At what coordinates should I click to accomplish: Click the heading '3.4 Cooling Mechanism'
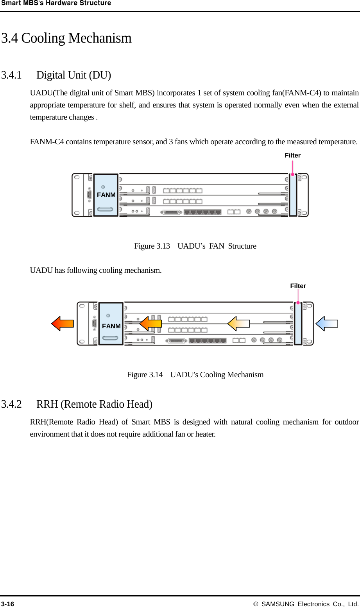click(x=66, y=38)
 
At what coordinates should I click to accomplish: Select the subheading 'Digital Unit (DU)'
click(x=73, y=75)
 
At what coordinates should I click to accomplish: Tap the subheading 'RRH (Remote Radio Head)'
click(x=94, y=404)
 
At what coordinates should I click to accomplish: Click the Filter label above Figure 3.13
click(x=292, y=156)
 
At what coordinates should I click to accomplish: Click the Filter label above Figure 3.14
click(x=298, y=286)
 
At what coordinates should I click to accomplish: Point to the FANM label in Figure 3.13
click(x=106, y=195)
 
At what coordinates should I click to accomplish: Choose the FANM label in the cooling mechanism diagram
click(x=111, y=326)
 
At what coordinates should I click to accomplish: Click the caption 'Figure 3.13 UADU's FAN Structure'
click(x=195, y=246)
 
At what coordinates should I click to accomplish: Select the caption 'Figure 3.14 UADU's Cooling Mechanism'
click(x=195, y=375)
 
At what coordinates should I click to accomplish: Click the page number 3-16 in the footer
click(x=7, y=604)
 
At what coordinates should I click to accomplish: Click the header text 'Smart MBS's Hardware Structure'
click(x=56, y=3)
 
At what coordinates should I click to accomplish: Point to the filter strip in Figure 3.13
click(x=292, y=195)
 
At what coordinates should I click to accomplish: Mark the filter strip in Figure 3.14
click(x=298, y=324)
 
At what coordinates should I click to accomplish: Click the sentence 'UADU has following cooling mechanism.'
click(x=96, y=270)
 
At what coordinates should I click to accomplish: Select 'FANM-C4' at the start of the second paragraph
click(x=47, y=142)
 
